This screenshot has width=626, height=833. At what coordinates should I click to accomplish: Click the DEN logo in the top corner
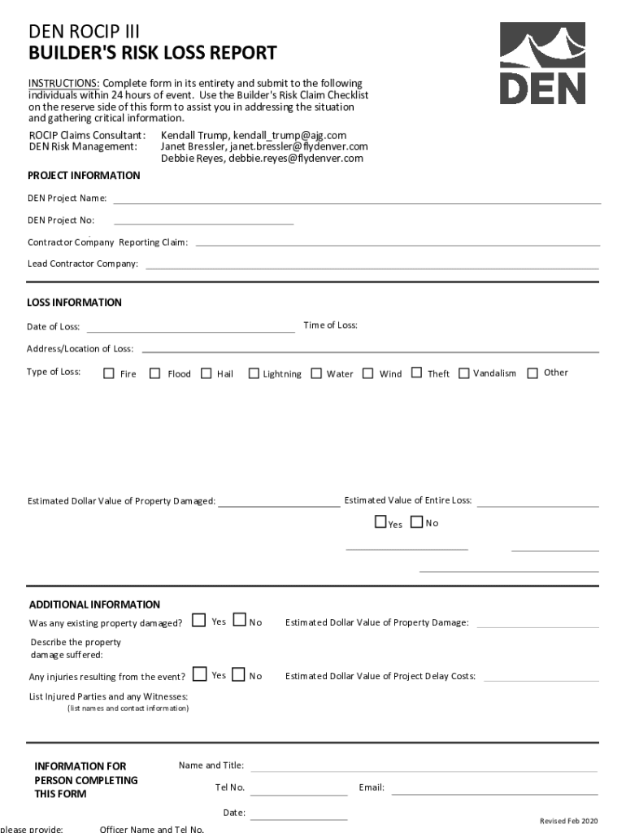click(541, 63)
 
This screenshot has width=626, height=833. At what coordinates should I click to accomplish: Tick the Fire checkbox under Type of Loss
click(109, 373)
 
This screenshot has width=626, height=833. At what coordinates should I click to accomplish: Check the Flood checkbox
click(155, 373)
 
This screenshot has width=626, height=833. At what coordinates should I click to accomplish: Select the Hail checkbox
click(206, 373)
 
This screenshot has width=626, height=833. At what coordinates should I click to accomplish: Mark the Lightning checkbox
click(254, 373)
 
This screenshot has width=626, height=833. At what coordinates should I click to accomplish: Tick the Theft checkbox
click(416, 373)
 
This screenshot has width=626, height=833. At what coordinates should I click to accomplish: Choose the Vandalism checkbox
click(463, 373)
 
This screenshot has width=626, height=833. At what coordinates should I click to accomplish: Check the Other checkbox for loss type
click(533, 373)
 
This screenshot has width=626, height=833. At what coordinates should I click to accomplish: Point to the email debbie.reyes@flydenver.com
click(296, 159)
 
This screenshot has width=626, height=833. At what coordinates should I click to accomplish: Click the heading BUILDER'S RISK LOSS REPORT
click(153, 54)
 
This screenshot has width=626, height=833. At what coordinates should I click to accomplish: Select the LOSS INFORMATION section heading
click(75, 303)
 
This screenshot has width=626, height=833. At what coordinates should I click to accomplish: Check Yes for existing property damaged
click(198, 621)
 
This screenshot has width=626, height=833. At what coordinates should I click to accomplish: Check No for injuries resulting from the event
click(238, 674)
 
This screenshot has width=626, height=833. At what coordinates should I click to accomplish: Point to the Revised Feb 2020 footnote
click(568, 820)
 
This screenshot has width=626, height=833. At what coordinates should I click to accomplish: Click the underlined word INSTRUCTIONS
click(63, 84)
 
